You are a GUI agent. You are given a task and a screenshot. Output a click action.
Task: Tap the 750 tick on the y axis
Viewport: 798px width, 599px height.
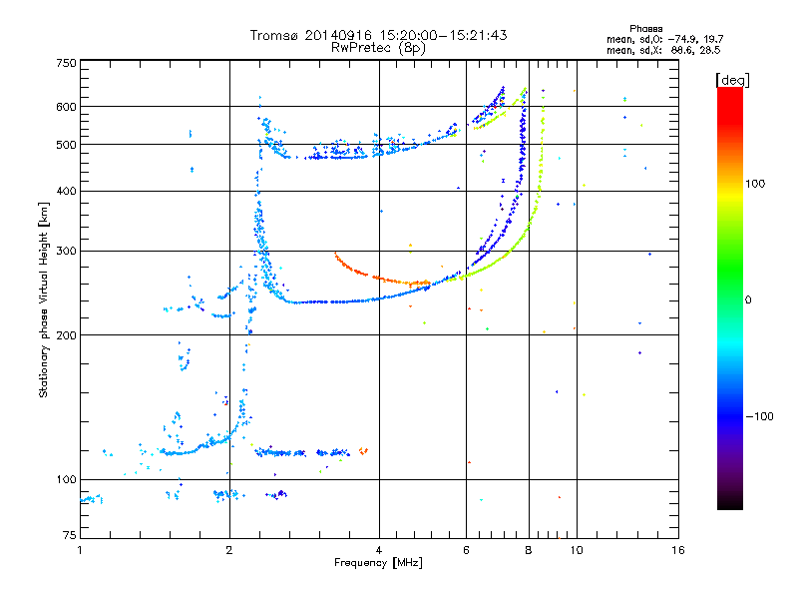coord(65,63)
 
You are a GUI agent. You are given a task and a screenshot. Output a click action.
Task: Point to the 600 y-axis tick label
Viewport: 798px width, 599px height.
coord(65,107)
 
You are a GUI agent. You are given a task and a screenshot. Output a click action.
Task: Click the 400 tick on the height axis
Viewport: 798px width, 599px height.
coord(65,191)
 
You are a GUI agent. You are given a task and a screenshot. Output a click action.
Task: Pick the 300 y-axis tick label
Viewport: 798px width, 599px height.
coord(65,252)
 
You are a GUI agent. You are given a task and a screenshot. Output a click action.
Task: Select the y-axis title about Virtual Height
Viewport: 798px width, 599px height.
coord(43,299)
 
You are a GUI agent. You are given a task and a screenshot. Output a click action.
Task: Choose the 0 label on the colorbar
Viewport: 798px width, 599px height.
coord(750,299)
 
